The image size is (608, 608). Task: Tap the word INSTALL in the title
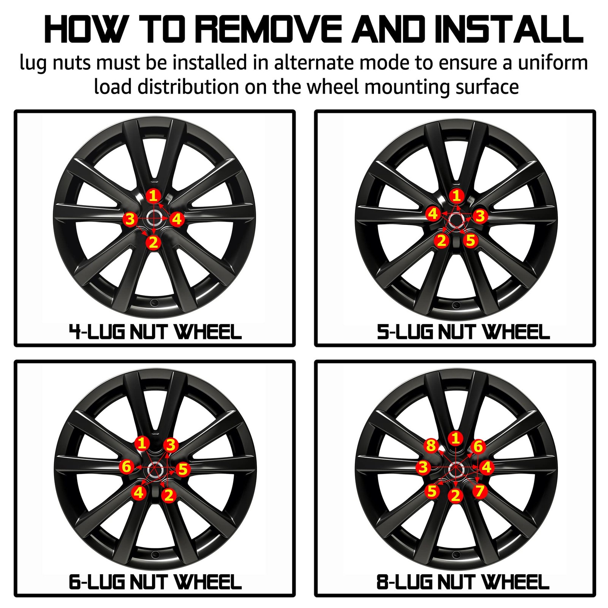[509, 29]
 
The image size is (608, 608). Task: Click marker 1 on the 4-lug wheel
[154, 196]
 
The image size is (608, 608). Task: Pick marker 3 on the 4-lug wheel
[130, 219]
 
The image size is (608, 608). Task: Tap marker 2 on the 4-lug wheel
[154, 242]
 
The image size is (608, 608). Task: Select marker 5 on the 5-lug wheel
[471, 240]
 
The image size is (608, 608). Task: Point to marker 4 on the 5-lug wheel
[433, 214]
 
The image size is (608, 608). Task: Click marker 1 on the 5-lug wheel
[456, 196]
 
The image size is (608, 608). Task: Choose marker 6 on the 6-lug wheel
[127, 466]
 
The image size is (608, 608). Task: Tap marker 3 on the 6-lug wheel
[171, 445]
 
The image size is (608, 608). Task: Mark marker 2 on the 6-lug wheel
[169, 495]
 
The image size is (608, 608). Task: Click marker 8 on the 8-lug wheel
[431, 445]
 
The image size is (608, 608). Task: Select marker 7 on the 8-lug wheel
[480, 491]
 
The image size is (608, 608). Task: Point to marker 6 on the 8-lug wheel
[478, 446]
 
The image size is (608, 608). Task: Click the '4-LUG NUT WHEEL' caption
[155, 332]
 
